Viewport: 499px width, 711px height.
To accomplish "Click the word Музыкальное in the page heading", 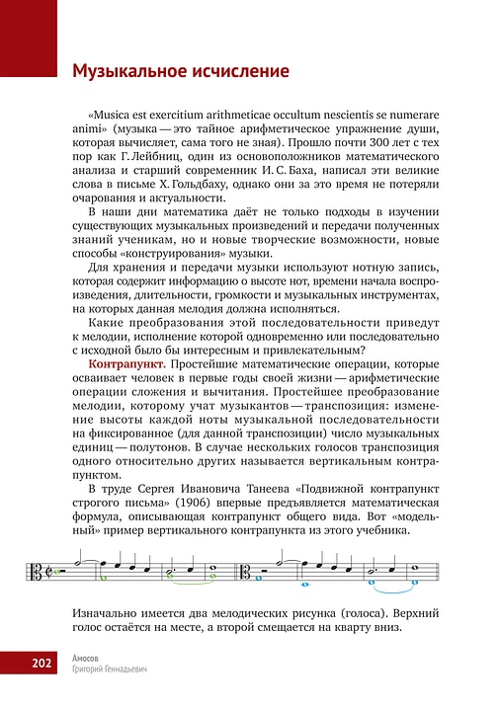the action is (x=126, y=72).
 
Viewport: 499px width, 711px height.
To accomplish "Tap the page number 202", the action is (x=41, y=663).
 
